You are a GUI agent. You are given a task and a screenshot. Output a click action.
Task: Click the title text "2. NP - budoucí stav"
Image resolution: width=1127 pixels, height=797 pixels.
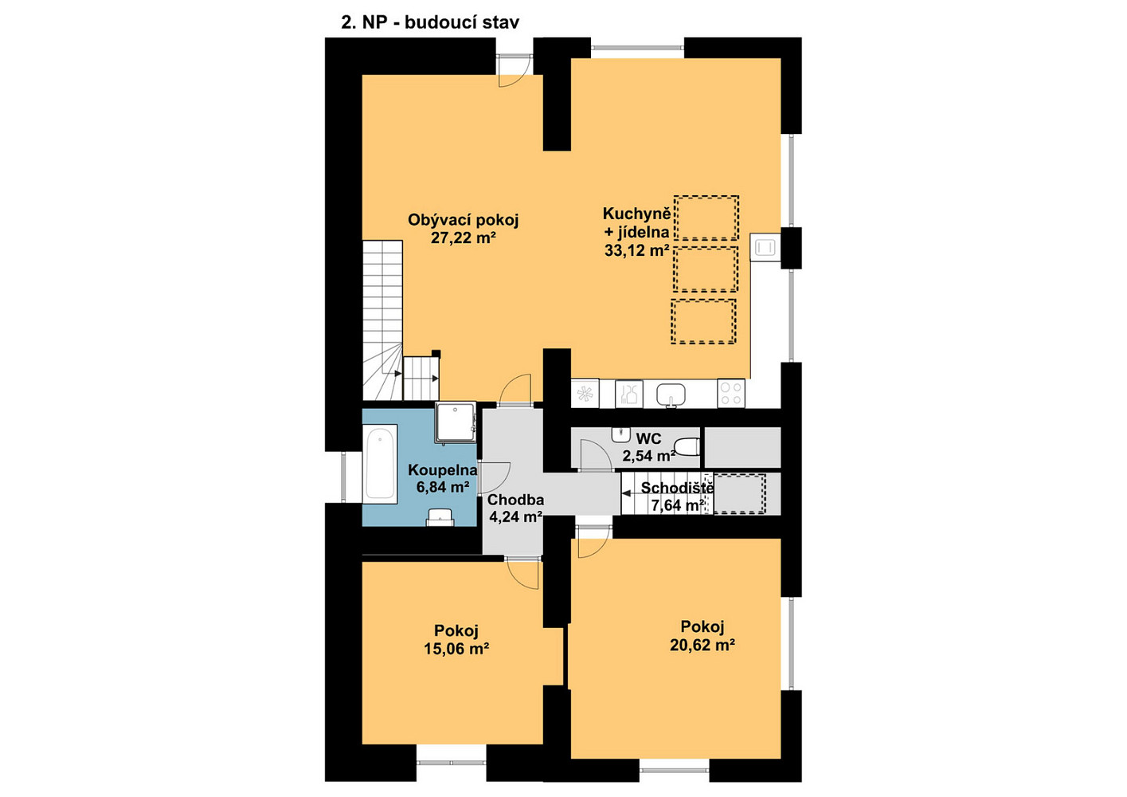click(x=430, y=22)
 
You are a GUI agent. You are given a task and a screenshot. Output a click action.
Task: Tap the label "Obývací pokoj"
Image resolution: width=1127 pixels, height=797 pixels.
click(x=463, y=220)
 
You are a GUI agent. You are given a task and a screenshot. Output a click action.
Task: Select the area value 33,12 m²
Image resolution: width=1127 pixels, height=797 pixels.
click(x=636, y=250)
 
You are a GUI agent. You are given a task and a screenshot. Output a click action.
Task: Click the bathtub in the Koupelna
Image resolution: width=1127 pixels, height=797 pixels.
click(x=380, y=464)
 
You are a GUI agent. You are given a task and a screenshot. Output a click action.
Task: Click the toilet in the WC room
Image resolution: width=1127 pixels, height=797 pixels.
click(x=687, y=446)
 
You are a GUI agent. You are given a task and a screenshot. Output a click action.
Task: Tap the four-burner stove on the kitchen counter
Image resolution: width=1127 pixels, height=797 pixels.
click(x=731, y=393)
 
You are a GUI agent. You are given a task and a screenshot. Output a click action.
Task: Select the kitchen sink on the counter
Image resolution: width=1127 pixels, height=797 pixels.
click(x=671, y=395)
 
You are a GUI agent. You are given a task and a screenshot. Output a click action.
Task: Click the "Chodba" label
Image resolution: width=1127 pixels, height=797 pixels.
click(x=515, y=500)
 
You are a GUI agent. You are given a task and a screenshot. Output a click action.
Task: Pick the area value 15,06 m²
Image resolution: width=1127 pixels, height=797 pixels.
click(x=456, y=649)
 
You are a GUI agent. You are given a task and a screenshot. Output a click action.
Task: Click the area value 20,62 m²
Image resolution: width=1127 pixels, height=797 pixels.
click(x=702, y=645)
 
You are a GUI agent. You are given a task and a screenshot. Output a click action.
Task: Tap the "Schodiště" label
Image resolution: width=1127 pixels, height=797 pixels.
click(x=677, y=488)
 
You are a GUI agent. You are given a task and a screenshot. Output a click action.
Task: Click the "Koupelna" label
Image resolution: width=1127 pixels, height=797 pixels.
click(x=442, y=470)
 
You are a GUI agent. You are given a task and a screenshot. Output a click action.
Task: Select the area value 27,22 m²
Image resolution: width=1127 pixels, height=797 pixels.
click(x=464, y=238)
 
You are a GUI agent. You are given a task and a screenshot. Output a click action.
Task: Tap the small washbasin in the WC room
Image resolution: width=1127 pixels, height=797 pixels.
click(x=621, y=434)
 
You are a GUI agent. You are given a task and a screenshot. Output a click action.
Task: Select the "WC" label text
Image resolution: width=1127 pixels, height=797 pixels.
click(x=648, y=438)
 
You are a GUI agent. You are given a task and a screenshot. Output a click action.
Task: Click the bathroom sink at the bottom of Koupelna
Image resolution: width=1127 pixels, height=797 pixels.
click(x=440, y=517)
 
